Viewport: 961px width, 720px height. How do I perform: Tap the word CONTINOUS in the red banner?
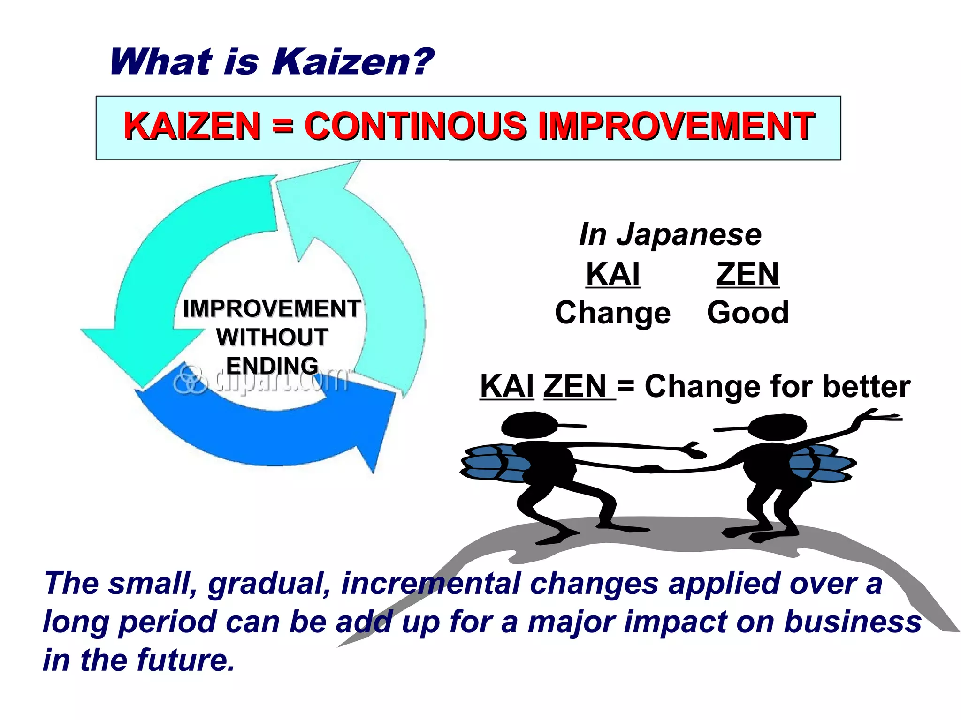416,127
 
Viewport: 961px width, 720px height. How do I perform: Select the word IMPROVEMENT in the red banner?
676,127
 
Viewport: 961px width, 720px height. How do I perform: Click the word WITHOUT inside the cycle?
272,337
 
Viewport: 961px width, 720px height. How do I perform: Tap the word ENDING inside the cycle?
272,366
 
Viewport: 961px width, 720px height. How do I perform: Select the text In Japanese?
670,234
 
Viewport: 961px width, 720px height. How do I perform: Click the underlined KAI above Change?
613,274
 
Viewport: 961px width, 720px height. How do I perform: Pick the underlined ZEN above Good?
747,274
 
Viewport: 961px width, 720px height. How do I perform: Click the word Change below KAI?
612,313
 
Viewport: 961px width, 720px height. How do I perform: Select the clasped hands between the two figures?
650,468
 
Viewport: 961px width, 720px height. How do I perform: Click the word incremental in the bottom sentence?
431,584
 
